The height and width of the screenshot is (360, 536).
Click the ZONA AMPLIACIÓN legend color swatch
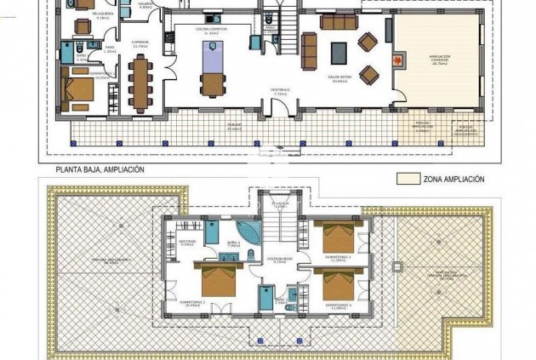pos(409,180)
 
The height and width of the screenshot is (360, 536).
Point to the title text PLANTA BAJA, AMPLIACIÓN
pos(100,169)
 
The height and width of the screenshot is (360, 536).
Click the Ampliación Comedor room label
pos(440,60)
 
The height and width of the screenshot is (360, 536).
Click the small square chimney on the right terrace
pos(394,267)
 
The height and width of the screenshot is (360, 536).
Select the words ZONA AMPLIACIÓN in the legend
pos(454,180)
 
